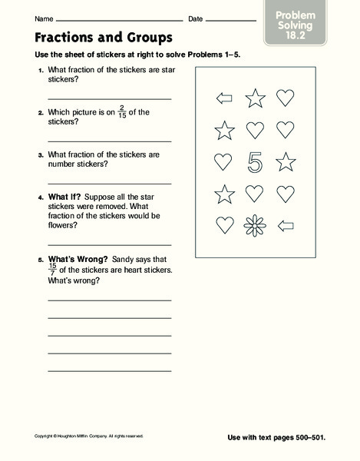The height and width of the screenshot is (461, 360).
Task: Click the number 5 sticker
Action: [x=255, y=162]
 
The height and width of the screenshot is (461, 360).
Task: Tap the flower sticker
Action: [x=255, y=225]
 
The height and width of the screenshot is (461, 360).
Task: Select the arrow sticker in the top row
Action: [x=224, y=98]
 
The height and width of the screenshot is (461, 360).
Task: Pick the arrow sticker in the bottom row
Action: [x=285, y=225]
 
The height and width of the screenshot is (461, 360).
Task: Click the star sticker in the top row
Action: [x=255, y=98]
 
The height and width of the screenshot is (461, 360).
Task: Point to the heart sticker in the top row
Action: [x=285, y=98]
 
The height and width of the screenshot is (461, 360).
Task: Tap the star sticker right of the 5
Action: [x=285, y=161]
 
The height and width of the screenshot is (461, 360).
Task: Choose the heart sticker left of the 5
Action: [x=224, y=162]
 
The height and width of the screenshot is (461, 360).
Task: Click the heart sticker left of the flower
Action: [x=224, y=225]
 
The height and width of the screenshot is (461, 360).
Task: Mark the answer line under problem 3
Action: [x=109, y=183]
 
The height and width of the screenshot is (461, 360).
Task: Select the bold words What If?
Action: [x=64, y=196]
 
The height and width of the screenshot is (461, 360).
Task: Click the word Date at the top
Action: [x=195, y=18]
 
